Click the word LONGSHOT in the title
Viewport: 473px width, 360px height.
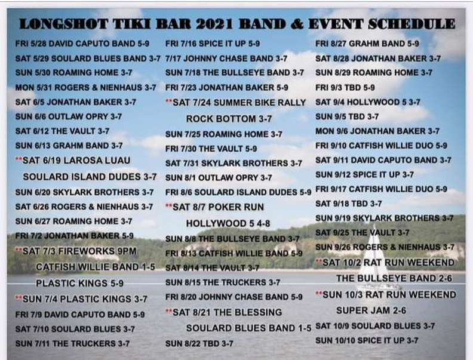point(63,24)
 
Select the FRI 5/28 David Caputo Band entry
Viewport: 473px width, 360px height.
point(82,44)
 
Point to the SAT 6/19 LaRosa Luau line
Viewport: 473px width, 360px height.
point(73,160)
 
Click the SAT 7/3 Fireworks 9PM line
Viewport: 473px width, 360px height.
point(76,251)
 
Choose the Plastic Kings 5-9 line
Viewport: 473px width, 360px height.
point(79,283)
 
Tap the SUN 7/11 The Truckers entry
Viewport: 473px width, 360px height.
point(72,343)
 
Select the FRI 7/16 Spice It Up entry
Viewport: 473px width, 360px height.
point(213,44)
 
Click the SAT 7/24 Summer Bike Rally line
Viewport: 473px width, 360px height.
point(236,103)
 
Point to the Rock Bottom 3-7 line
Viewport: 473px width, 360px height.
point(229,119)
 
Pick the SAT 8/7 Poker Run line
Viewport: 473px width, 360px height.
point(215,207)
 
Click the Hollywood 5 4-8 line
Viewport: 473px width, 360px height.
point(228,223)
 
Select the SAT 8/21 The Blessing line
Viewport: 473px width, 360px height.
point(224,312)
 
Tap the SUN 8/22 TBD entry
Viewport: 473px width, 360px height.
point(199,343)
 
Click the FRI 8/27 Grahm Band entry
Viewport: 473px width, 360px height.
point(367,44)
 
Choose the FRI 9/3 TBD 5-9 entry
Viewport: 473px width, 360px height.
point(345,87)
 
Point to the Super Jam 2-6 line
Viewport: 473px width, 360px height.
point(371,310)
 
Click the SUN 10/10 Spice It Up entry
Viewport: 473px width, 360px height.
point(367,340)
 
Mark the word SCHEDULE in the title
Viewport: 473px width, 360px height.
point(411,24)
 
